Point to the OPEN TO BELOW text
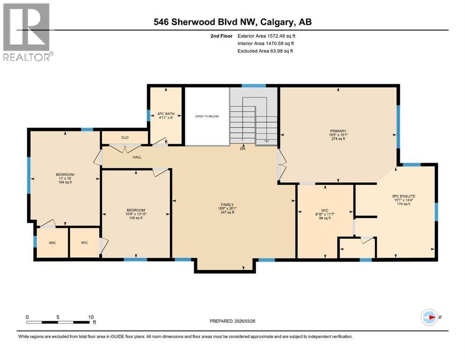pyautogui.click(x=207, y=116)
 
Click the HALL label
pyautogui.click(x=137, y=157)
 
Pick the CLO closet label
pyautogui.click(x=125, y=138)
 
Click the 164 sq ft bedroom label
pyautogui.click(x=65, y=178)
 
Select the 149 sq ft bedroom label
pyautogui.click(x=136, y=214)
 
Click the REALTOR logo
pyautogui.click(x=27, y=32)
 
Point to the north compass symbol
pyautogui.click(x=429, y=317)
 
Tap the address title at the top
pyautogui.click(x=233, y=22)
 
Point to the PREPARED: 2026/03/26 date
pyautogui.click(x=234, y=321)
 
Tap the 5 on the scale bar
pyautogui.click(x=58, y=317)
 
